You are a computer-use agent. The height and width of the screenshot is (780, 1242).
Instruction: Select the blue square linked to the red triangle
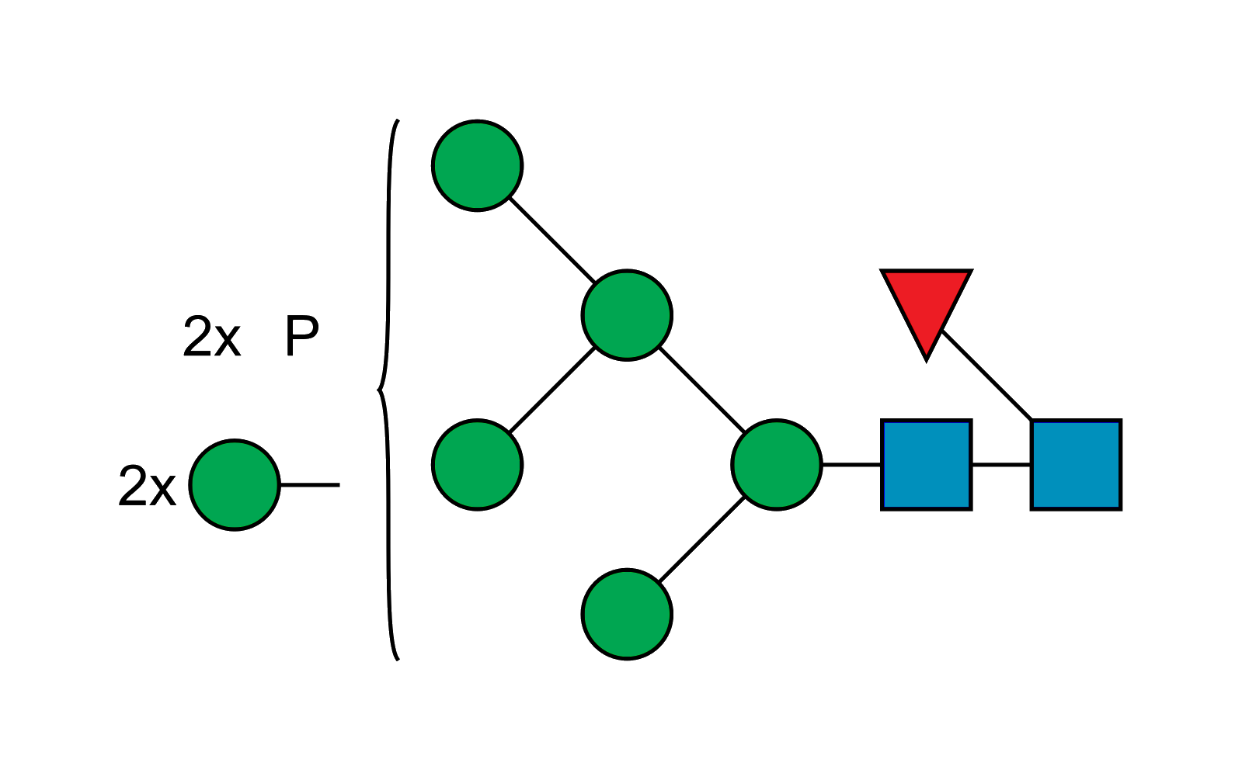coord(1076,465)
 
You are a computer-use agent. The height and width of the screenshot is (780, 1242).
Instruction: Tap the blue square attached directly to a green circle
coord(927,465)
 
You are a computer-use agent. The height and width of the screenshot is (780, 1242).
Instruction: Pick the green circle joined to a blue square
coord(777,465)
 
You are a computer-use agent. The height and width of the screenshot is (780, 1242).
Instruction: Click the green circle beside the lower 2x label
coord(235,485)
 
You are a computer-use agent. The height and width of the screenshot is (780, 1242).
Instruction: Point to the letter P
coord(301,337)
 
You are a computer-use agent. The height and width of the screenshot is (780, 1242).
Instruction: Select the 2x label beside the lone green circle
coord(147,487)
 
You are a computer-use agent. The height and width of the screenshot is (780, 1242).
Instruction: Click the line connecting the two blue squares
coord(1001,466)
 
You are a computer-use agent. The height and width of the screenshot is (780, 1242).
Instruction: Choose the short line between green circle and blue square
coord(851,466)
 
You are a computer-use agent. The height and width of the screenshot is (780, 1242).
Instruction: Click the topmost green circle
coord(478,165)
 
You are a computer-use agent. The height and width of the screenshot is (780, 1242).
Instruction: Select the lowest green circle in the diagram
coord(627,614)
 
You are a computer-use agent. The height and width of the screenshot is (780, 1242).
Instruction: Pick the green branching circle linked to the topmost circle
coord(627,314)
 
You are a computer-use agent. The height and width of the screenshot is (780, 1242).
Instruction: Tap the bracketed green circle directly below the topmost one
coord(478,465)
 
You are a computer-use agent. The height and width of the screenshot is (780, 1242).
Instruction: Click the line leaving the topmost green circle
coord(552,240)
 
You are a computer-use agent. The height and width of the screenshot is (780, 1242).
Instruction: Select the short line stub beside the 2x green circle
coord(310,485)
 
